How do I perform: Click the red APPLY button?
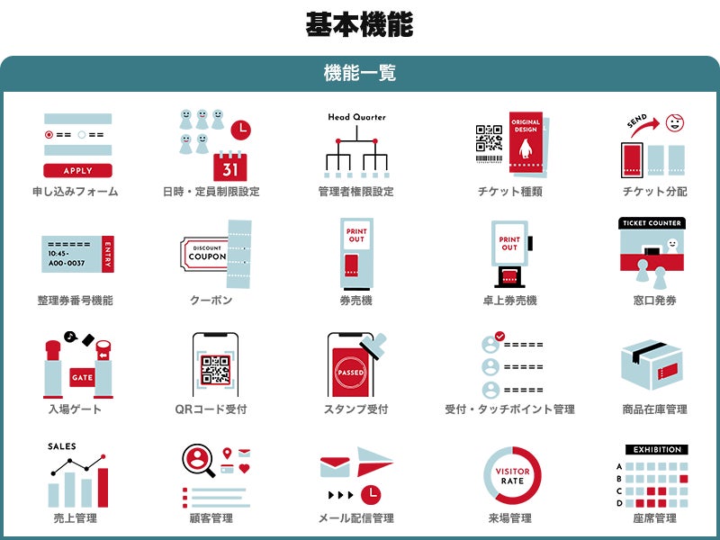click(78, 170)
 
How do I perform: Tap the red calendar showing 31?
click(230, 166)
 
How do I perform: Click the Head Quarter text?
click(356, 117)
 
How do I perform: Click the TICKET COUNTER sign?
click(652, 222)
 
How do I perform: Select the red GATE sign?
click(82, 377)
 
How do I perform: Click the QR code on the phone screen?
click(215, 370)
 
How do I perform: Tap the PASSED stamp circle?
click(349, 372)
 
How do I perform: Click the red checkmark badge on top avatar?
click(500, 337)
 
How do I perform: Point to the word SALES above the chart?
click(62, 446)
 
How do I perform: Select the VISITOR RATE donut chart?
click(512, 476)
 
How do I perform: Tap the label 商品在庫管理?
click(654, 409)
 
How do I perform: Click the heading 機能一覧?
click(360, 73)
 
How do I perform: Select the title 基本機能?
click(359, 24)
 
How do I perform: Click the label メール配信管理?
click(356, 518)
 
